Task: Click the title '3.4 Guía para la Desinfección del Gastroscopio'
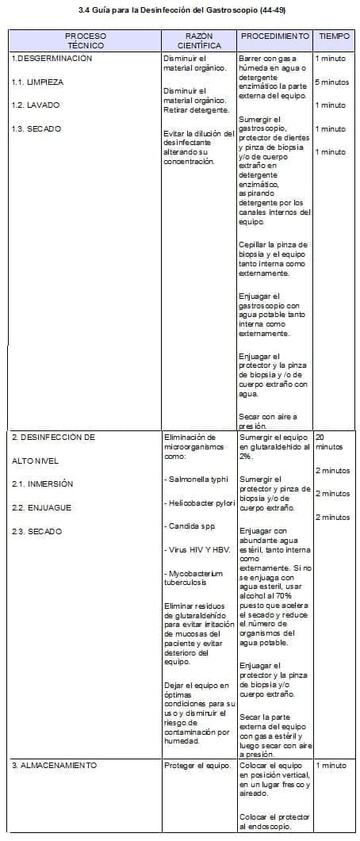[180, 10]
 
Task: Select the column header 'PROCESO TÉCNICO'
[85, 41]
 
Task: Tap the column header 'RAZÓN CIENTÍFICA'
[198, 41]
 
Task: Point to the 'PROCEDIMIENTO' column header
[274, 36]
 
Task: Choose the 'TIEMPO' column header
[334, 36]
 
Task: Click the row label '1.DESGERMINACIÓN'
[52, 59]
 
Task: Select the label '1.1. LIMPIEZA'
[37, 82]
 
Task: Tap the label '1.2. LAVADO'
[36, 105]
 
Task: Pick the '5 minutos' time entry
[331, 82]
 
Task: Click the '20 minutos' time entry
[327, 442]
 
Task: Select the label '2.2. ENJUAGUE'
[41, 507]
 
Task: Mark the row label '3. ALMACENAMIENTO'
[54, 765]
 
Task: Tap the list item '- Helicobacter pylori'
[199, 503]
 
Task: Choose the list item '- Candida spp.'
[186, 526]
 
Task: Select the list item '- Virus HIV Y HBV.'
[194, 549]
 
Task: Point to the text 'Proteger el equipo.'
[197, 765]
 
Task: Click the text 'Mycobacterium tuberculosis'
[190, 576]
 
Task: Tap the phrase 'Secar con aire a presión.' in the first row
[267, 420]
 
